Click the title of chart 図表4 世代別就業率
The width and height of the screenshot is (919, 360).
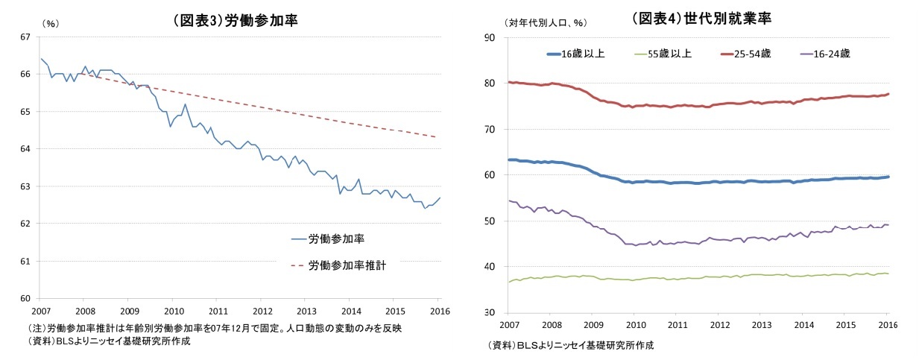point(701,19)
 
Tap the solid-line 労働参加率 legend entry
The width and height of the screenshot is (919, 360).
point(336,239)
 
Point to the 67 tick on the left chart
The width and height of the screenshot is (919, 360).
point(25,37)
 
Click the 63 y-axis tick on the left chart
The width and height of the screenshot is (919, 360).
point(25,186)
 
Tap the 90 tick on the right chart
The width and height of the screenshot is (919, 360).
point(490,37)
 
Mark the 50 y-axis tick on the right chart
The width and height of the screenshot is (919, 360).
point(490,221)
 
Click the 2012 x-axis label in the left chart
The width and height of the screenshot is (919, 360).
point(262,310)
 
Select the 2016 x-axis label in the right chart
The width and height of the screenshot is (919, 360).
point(888,325)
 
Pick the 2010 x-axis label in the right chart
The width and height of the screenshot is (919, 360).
point(635,325)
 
